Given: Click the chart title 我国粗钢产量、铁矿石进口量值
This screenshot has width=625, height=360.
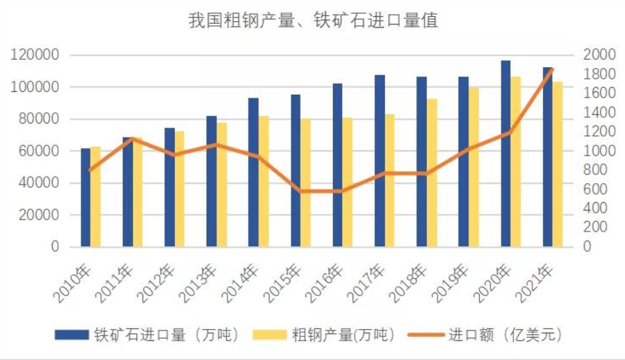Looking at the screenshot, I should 312,21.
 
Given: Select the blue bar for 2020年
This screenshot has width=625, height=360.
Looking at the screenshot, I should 506,154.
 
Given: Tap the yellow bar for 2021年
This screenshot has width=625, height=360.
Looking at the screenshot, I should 558,165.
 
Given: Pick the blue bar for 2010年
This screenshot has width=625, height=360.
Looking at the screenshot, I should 86,198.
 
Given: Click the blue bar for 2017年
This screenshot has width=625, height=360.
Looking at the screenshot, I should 379,161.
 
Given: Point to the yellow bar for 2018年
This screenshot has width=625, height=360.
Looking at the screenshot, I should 432,173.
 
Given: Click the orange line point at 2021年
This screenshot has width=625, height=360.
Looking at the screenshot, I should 553,69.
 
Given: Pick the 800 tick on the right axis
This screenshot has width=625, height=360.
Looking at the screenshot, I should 593,170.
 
